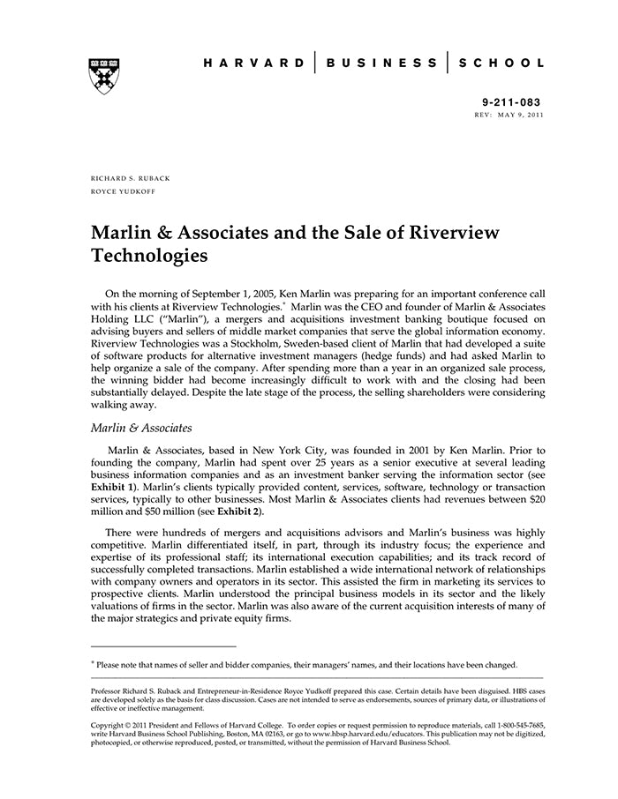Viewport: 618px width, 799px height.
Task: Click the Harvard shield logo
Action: [x=102, y=76]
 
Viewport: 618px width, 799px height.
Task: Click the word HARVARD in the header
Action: [x=253, y=63]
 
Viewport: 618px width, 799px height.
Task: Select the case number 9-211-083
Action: [x=513, y=103]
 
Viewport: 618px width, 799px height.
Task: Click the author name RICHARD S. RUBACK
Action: [x=131, y=178]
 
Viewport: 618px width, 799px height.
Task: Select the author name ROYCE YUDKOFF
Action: [x=124, y=190]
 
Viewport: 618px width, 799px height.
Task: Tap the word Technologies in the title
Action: [x=150, y=257]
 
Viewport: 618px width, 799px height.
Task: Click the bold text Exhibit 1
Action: [x=114, y=487]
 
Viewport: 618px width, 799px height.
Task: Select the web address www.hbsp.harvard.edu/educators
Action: [x=351, y=734]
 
